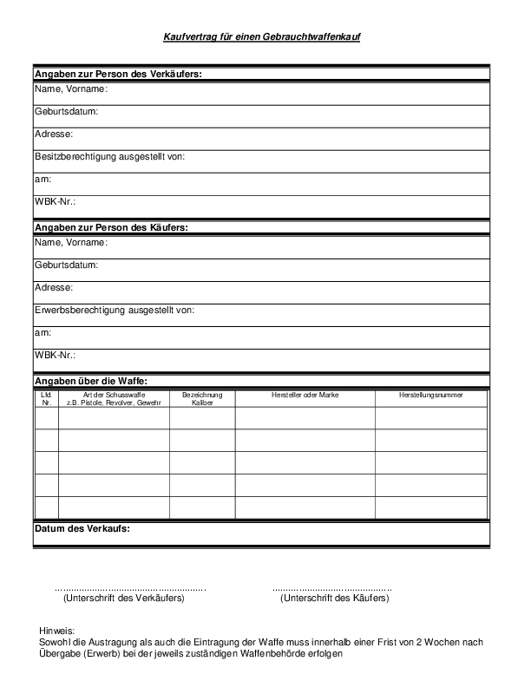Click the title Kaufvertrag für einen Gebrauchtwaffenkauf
click(262, 37)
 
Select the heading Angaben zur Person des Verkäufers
click(117, 75)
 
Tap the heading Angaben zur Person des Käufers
click(111, 227)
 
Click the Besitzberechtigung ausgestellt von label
click(109, 157)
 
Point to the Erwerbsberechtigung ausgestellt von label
click(114, 310)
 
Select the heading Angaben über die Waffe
click(91, 380)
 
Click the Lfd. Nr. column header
click(47, 399)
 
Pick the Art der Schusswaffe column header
click(114, 399)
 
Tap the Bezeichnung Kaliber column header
click(202, 399)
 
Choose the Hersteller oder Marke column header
click(305, 396)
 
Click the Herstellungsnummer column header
click(430, 396)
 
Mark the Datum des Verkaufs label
click(87, 527)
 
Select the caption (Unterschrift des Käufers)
click(334, 599)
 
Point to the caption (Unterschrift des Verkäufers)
click(124, 599)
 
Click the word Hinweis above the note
click(57, 631)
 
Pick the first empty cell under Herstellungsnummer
click(430, 418)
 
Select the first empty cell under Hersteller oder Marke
click(305, 418)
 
